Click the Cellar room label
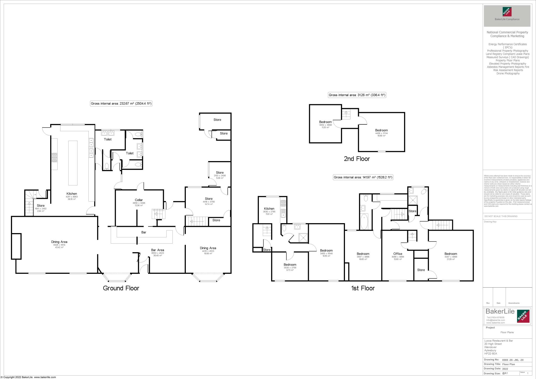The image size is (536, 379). click(x=139, y=200)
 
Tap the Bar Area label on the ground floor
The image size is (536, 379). click(x=158, y=250)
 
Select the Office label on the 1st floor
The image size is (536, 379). click(x=398, y=254)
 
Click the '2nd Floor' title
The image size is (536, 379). click(x=357, y=159)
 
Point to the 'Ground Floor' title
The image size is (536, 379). click(x=121, y=288)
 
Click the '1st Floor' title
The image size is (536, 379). click(x=363, y=288)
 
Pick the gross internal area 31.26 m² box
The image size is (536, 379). click(x=357, y=95)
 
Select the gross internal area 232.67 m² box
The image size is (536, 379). click(x=121, y=103)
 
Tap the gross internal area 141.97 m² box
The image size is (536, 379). click(x=363, y=177)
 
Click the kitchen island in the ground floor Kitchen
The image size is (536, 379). click(x=73, y=163)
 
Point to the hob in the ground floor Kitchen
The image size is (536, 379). click(x=54, y=158)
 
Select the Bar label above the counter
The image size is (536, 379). click(x=144, y=232)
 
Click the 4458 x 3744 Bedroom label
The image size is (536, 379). click(x=381, y=130)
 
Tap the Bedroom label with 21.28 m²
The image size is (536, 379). click(x=451, y=254)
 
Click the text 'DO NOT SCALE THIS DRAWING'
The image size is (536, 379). click(x=501, y=216)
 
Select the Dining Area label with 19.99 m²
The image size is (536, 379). click(x=208, y=248)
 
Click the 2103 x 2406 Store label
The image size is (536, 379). click(x=220, y=173)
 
